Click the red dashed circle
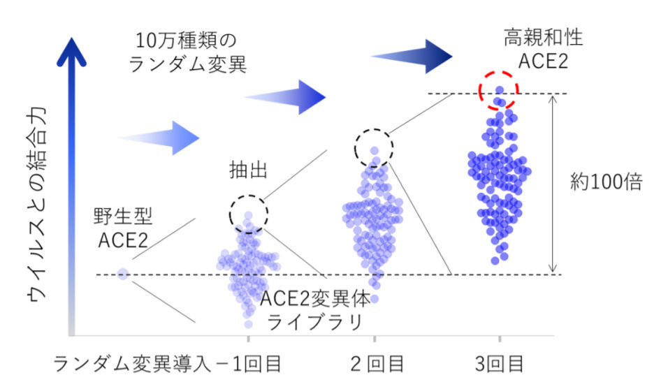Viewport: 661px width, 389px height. click(499, 91)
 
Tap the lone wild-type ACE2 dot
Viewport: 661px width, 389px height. click(123, 274)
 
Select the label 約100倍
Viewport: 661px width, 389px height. click(606, 182)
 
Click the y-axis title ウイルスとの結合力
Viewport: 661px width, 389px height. click(36, 205)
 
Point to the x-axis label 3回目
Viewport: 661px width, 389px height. click(500, 364)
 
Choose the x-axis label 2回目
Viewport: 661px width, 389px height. click(377, 364)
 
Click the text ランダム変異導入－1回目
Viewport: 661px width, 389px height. click(167, 364)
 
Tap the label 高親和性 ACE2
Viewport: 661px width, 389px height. click(544, 50)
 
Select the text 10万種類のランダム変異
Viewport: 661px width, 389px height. click(187, 52)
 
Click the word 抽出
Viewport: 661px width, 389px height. click(248, 170)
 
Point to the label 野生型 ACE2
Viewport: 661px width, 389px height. click(123, 228)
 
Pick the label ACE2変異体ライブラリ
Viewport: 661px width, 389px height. click(315, 310)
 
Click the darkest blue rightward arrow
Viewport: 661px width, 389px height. click(411, 57)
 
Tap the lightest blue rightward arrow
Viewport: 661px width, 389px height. click(158, 138)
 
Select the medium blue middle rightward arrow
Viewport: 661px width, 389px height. click(285, 97)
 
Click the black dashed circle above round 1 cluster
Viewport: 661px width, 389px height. click(249, 214)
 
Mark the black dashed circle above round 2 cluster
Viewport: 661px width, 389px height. click(374, 148)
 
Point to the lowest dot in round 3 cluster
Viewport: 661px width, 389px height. click(495, 261)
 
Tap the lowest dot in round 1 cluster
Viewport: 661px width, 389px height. click(248, 324)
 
